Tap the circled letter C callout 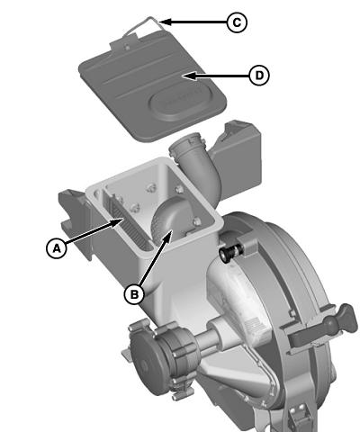(x=236, y=22)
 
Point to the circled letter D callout (x=258, y=76)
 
